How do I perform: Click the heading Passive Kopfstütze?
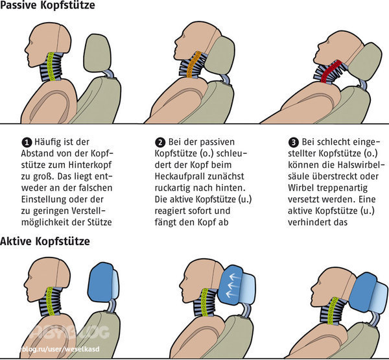47,5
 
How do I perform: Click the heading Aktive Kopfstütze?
45,241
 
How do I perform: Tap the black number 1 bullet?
27,143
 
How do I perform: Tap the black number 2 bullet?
160,143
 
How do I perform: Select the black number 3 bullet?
294,143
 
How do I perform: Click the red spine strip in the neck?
331,71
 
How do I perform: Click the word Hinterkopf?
90,165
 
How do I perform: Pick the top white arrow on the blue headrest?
234,277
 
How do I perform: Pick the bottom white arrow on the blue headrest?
233,294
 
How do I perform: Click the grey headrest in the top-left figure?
97,53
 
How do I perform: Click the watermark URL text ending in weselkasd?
60,349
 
